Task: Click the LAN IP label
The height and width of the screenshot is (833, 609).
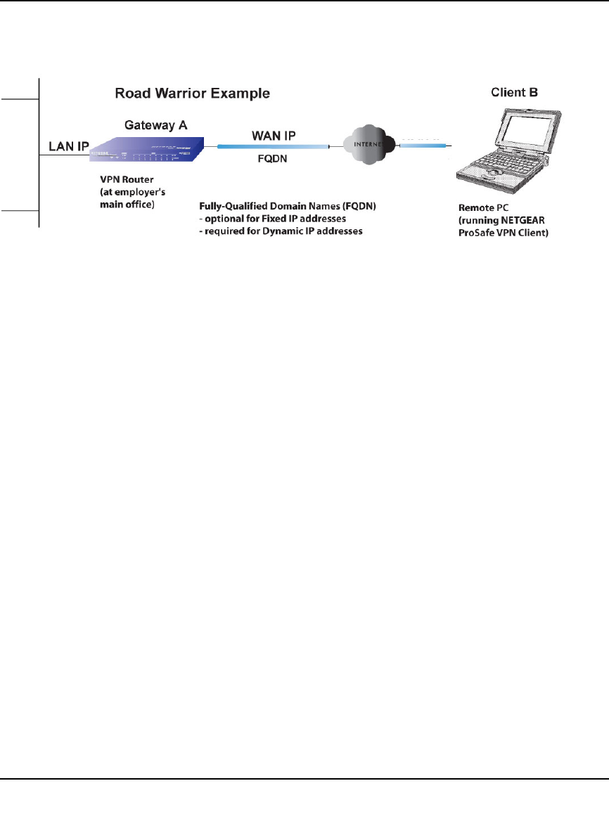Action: [x=68, y=146]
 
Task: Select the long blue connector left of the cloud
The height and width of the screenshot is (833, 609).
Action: [x=272, y=146]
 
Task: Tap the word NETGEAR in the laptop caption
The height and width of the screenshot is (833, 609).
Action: [x=527, y=221]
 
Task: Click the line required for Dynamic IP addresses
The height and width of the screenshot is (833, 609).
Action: [x=281, y=232]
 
